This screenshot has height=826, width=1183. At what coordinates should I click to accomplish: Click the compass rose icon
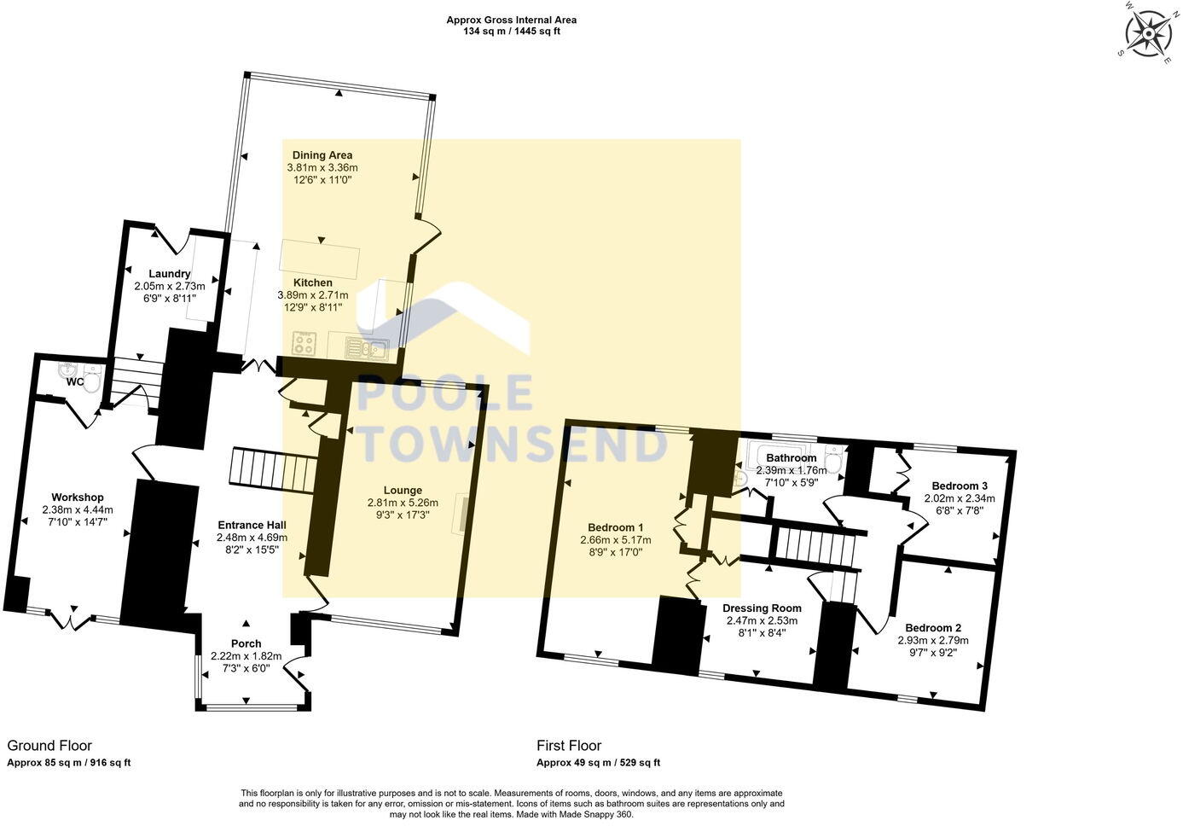tap(1148, 33)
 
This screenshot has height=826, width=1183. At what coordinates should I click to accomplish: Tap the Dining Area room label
tap(322, 155)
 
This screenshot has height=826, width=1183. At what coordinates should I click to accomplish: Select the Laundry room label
tap(162, 273)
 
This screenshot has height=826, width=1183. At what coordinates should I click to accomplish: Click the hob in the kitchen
tap(305, 343)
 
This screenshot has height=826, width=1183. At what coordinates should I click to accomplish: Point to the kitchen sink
tap(367, 346)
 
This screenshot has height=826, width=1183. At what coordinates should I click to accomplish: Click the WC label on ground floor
tap(75, 381)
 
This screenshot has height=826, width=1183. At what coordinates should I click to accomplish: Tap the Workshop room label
tap(77, 497)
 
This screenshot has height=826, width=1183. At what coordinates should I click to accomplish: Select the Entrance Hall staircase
tap(273, 469)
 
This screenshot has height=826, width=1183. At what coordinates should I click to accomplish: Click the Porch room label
tap(246, 643)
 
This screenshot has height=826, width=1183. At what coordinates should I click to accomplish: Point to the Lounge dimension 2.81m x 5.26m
tap(403, 503)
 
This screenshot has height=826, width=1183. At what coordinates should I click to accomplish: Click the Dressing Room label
tap(760, 608)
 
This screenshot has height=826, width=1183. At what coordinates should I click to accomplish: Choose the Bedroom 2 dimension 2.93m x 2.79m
tap(933, 640)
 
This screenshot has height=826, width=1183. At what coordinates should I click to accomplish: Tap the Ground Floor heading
tap(49, 746)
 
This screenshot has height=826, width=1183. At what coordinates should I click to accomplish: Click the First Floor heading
tap(569, 746)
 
